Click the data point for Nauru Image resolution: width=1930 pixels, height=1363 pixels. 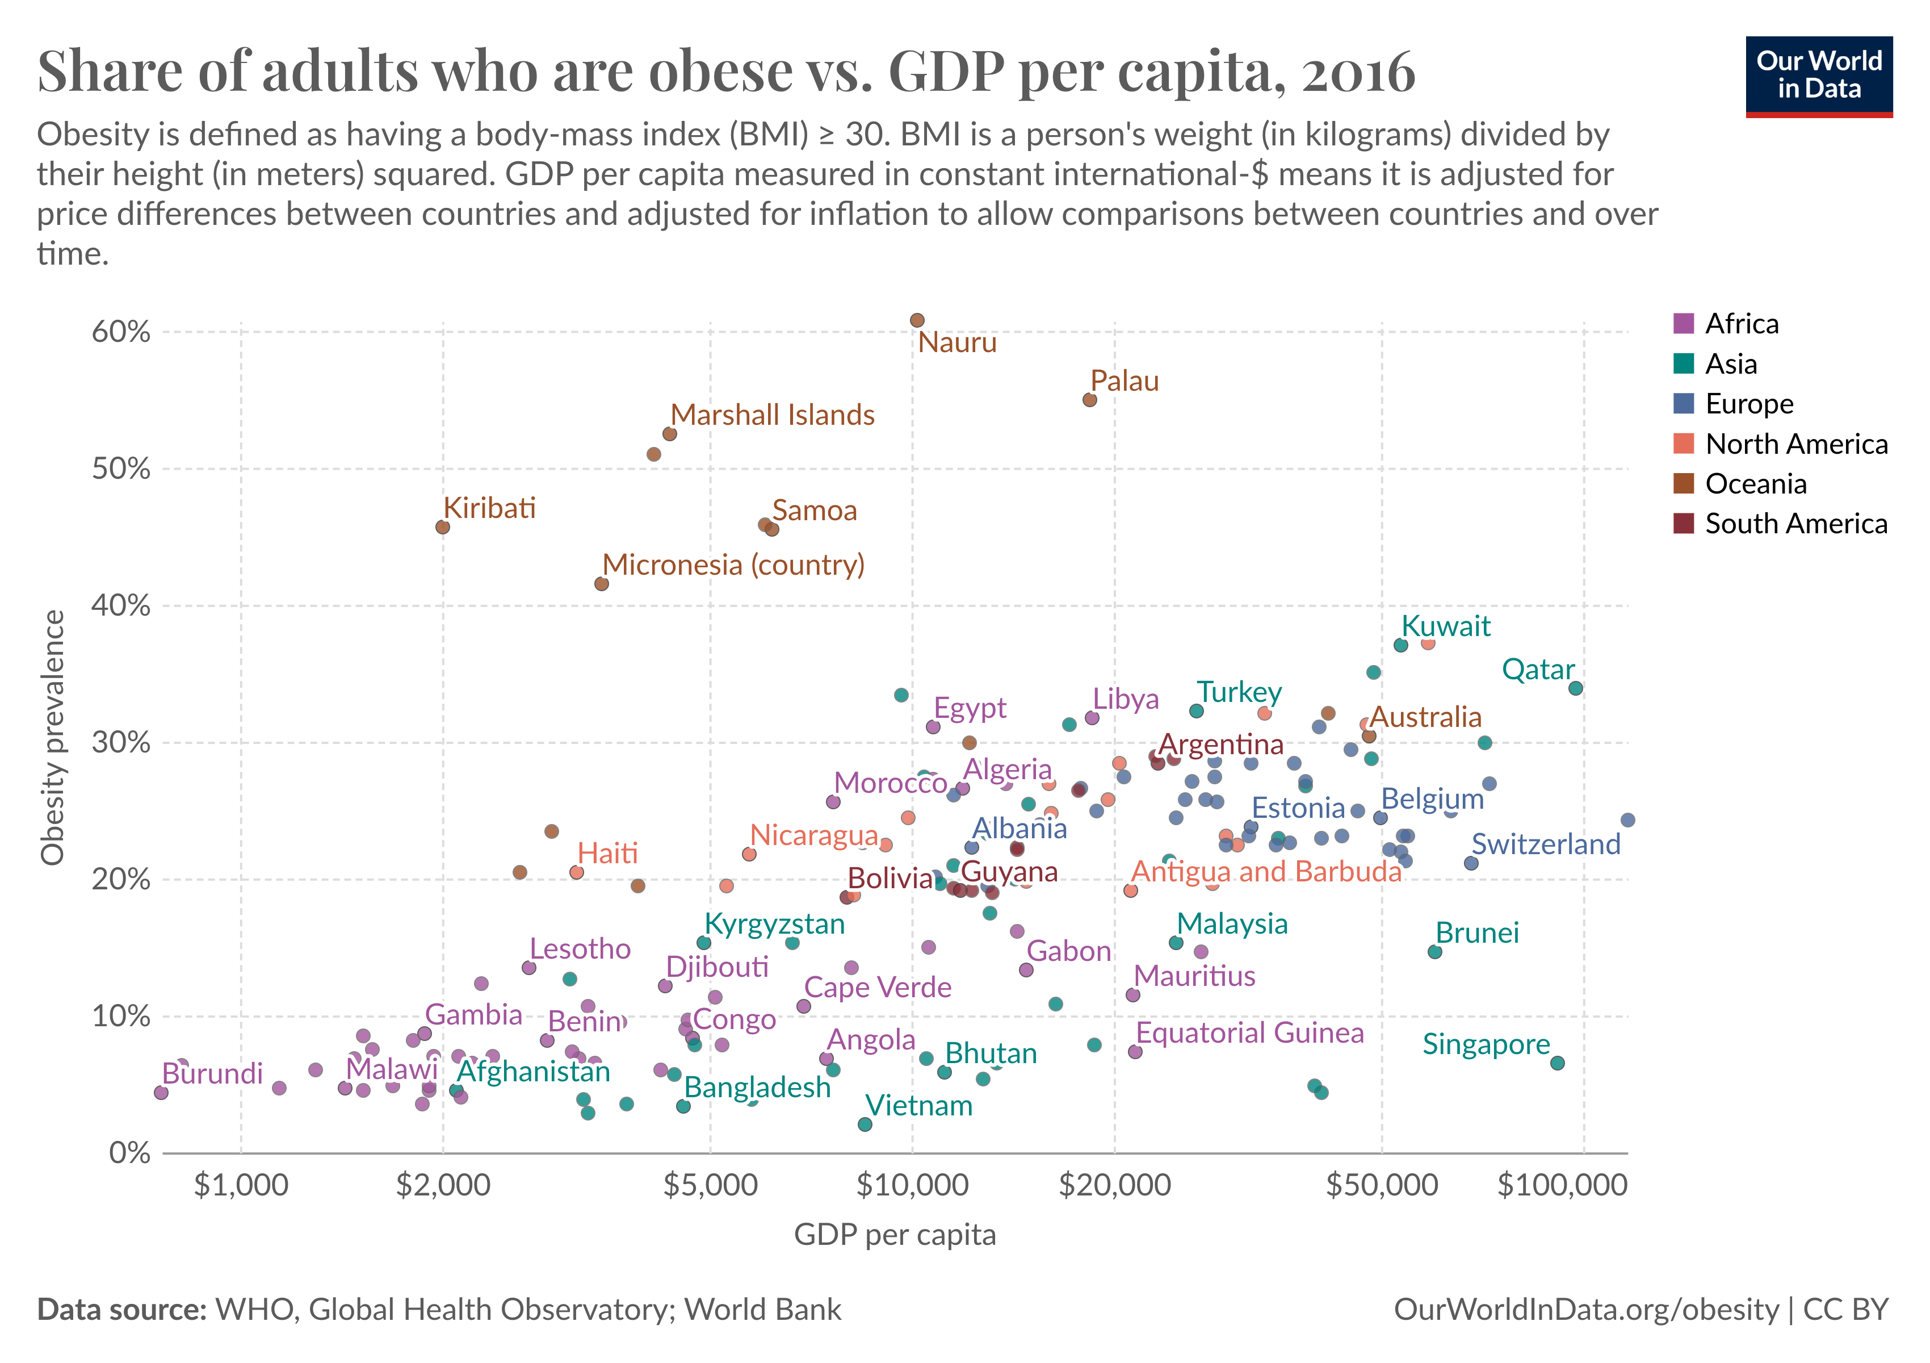coord(917,320)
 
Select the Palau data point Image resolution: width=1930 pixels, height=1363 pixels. coord(1089,400)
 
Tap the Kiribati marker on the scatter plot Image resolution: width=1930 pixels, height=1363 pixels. coord(443,527)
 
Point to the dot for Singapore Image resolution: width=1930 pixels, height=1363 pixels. coord(1558,1063)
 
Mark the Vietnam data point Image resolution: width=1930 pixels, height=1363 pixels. coord(865,1125)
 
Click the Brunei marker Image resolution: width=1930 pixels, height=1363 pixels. coord(1435,952)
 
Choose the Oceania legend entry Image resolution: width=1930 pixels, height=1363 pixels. coord(1755,484)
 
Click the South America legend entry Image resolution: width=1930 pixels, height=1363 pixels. coord(1795,524)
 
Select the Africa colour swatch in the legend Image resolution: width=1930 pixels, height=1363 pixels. coord(1683,324)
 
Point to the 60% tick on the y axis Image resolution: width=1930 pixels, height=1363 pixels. coord(121,332)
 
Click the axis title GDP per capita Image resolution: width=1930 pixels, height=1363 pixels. coord(895,1234)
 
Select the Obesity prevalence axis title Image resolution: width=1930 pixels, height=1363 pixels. coord(52,737)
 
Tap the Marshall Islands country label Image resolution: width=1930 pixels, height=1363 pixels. coord(773,415)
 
